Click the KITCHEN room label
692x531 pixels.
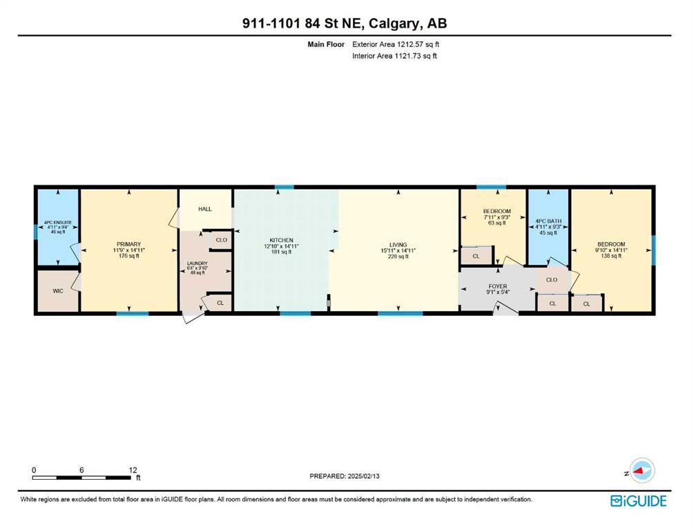282,241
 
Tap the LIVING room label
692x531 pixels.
398,245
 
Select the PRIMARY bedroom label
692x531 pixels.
129,244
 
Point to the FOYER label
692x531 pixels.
498,286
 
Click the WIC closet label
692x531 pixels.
58,291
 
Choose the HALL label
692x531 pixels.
205,209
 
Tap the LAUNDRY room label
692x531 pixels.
198,263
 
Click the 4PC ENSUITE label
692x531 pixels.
58,223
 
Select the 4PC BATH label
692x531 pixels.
548,221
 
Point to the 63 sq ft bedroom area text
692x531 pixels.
497,223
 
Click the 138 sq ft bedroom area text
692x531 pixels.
611,256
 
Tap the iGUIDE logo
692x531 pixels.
639,501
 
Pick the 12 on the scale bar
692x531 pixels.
133,470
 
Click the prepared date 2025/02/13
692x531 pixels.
364,476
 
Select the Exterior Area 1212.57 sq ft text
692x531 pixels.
396,44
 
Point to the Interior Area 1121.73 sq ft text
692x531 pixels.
394,56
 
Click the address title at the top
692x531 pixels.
345,23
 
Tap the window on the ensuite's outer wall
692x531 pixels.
36,232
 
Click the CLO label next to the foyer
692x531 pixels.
552,280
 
